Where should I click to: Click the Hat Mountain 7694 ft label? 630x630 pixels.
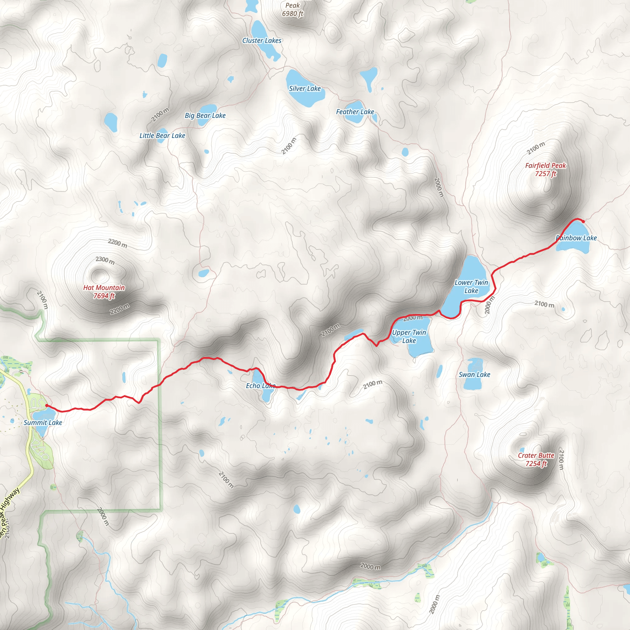tap(104, 292)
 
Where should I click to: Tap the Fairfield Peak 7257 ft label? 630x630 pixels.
tap(545, 169)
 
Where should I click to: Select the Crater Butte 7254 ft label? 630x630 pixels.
tap(536, 460)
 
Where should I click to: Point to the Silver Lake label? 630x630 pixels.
tap(305, 88)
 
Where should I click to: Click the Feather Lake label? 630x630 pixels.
tap(355, 112)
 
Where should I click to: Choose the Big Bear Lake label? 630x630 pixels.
tap(205, 115)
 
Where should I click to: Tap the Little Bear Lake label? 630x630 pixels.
tap(162, 135)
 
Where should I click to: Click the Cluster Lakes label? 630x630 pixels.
tap(261, 40)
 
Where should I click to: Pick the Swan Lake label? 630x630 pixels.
tap(474, 374)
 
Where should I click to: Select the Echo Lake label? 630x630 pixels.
tap(261, 385)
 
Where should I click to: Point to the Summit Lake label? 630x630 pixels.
tap(43, 422)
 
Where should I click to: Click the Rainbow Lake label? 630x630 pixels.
tap(576, 238)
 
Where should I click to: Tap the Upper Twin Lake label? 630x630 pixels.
tap(409, 336)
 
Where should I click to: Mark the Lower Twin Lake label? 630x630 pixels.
tap(471, 286)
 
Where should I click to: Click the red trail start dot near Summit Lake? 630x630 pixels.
tap(47, 405)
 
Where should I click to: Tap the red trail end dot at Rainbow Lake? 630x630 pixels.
tap(583, 221)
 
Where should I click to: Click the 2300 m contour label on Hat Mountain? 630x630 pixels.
tap(105, 260)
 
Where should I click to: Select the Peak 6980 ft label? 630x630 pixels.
tap(293, 10)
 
